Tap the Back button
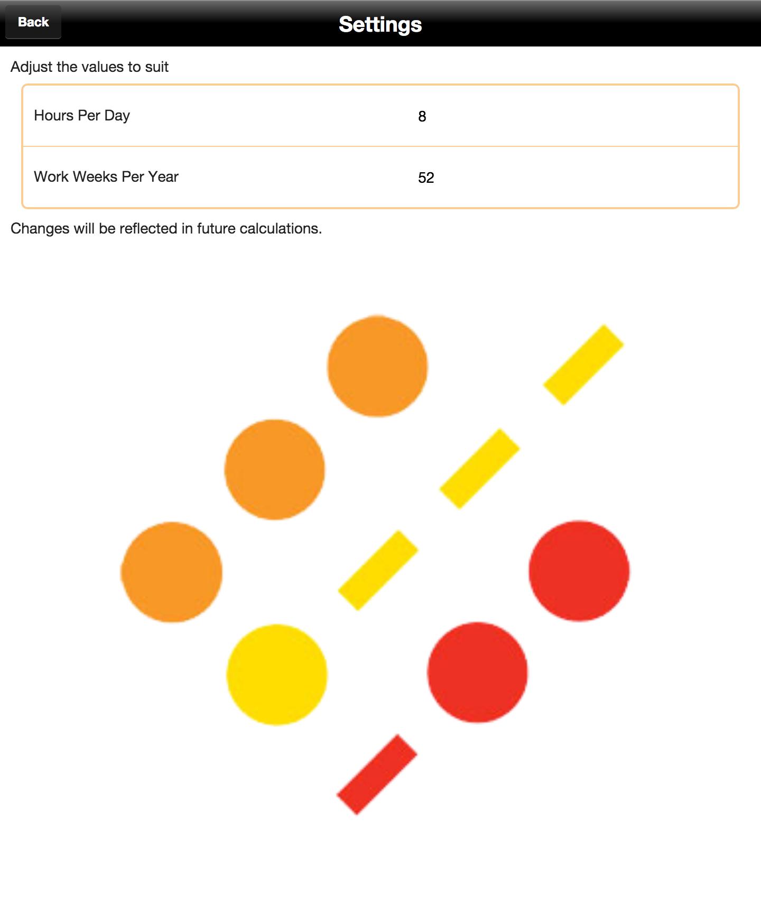point(33,22)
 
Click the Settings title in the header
point(380,24)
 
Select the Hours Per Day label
point(82,116)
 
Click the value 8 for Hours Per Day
point(422,117)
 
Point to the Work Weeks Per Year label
point(106,177)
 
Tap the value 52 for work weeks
point(425,178)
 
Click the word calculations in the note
point(280,229)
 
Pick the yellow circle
point(277,675)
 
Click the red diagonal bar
point(377,775)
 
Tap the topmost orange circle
point(377,366)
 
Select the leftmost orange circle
point(172,572)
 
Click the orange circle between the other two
point(275,470)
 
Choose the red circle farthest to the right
point(579,571)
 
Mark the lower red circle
point(478,672)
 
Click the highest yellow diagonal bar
point(583,365)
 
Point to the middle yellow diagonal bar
point(480,469)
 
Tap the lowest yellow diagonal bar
point(378,571)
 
